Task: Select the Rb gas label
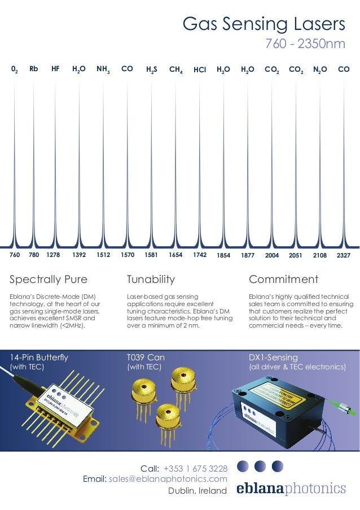34,69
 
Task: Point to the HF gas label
55,69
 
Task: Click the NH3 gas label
103,69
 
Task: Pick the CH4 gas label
175,70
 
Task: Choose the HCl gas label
200,70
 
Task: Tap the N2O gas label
319,69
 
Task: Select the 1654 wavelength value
175,255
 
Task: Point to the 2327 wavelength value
343,255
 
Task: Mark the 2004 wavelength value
272,255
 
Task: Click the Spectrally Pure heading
49,280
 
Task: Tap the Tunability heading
151,280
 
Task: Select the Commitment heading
283,280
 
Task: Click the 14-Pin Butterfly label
39,357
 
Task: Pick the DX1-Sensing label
273,357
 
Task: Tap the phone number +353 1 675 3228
195,468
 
